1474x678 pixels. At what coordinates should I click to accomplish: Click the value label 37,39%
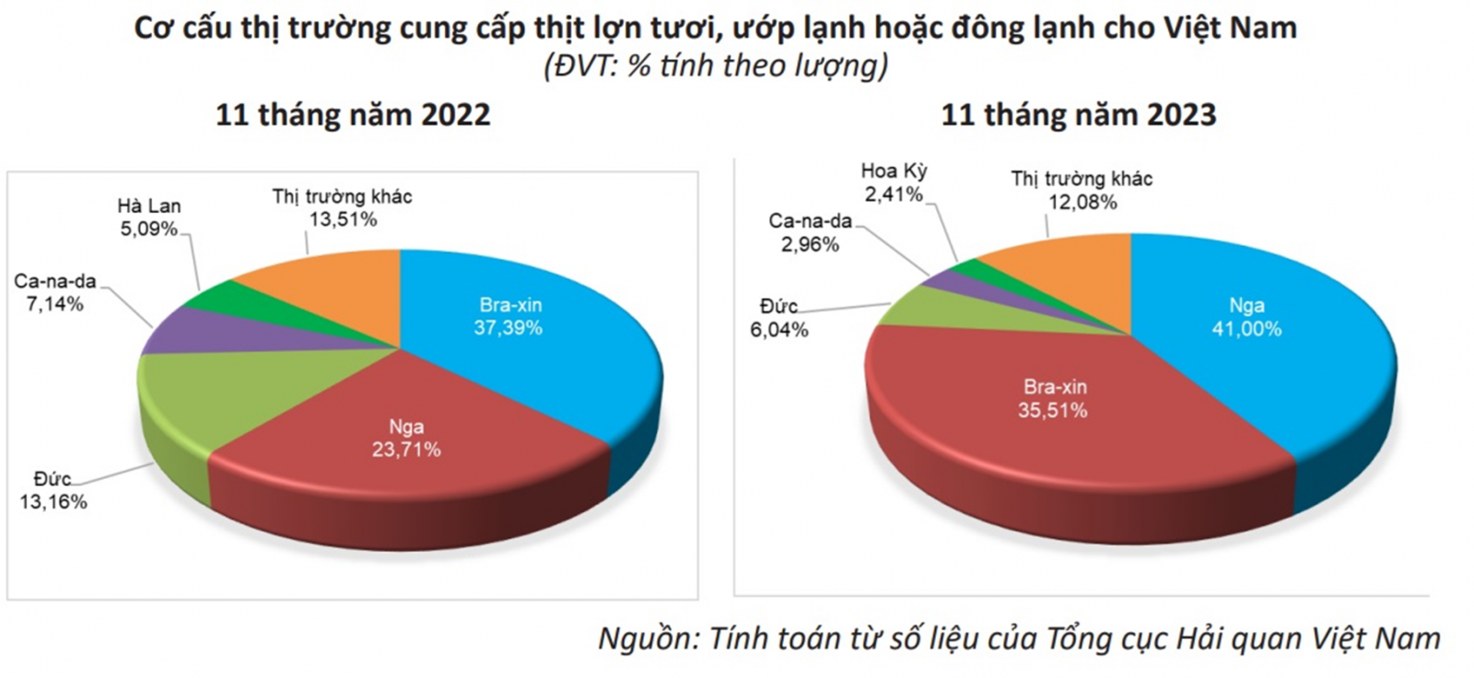point(508,328)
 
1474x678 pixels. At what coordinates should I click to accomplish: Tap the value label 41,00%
point(1247,329)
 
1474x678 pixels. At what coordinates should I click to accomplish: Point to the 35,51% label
point(1053,410)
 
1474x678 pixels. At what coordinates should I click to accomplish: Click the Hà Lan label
point(149,206)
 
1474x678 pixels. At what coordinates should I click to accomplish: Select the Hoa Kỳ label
point(895,171)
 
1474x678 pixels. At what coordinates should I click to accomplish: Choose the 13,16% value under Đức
point(53,502)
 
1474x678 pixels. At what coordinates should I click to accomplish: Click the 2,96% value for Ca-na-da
point(810,244)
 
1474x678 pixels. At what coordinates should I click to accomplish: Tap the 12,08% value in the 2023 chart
point(1082,202)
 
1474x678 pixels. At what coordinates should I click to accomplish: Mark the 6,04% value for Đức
point(779,329)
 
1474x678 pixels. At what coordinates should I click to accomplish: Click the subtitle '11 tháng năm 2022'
point(354,115)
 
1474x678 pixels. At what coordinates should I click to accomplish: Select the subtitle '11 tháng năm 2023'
point(1079,115)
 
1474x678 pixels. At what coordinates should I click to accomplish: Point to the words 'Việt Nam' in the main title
point(1233,28)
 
